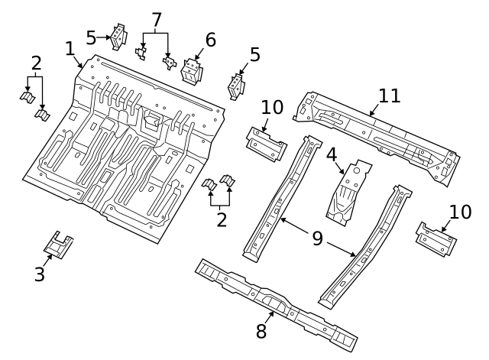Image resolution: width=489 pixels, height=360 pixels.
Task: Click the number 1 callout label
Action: pos(70,50)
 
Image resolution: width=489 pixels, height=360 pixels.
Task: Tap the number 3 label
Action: pos(40,274)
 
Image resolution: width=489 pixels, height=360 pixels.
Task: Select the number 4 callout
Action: pos(332,154)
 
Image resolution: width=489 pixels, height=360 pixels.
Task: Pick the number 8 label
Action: pos(261,331)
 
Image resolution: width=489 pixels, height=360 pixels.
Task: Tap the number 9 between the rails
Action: pos(317,239)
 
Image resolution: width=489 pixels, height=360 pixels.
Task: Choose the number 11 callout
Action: pos(390,96)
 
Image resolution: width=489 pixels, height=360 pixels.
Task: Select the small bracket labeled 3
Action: pos(59,245)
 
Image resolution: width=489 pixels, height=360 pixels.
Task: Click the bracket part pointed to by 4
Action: pos(348,195)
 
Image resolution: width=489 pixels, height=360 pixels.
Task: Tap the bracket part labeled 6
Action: pos(191,71)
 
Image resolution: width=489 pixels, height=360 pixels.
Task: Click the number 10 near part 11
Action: pos(273,107)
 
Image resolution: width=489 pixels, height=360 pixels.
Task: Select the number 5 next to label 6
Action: pos(254,55)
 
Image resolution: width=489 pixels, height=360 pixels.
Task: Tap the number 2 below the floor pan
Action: pos(222,220)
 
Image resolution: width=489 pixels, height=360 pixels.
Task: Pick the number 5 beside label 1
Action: pos(92,37)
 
